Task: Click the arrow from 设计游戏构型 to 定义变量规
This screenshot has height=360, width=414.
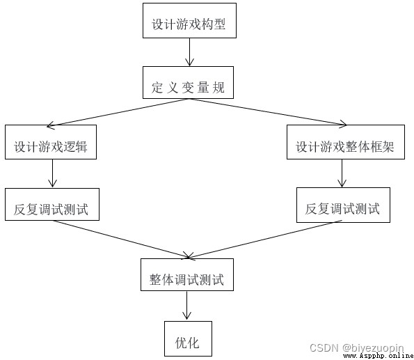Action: (189, 52)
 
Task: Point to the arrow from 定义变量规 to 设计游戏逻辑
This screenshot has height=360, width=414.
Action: (118, 112)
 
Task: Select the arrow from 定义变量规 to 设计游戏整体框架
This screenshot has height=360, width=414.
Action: (268, 112)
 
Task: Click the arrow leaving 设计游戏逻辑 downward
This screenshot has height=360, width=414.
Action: (52, 173)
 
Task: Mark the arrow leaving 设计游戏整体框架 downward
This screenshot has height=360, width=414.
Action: (342, 173)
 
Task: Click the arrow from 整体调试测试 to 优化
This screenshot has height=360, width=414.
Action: (186, 305)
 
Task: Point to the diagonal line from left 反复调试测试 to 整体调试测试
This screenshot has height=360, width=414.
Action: (122, 239)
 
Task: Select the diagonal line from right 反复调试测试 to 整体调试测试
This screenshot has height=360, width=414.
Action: (264, 240)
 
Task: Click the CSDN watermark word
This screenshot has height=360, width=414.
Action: (324, 348)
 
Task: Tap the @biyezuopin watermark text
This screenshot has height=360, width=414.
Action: (373, 348)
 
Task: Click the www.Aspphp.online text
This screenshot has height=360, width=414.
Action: (379, 356)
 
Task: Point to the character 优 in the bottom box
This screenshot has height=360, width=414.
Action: (181, 343)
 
